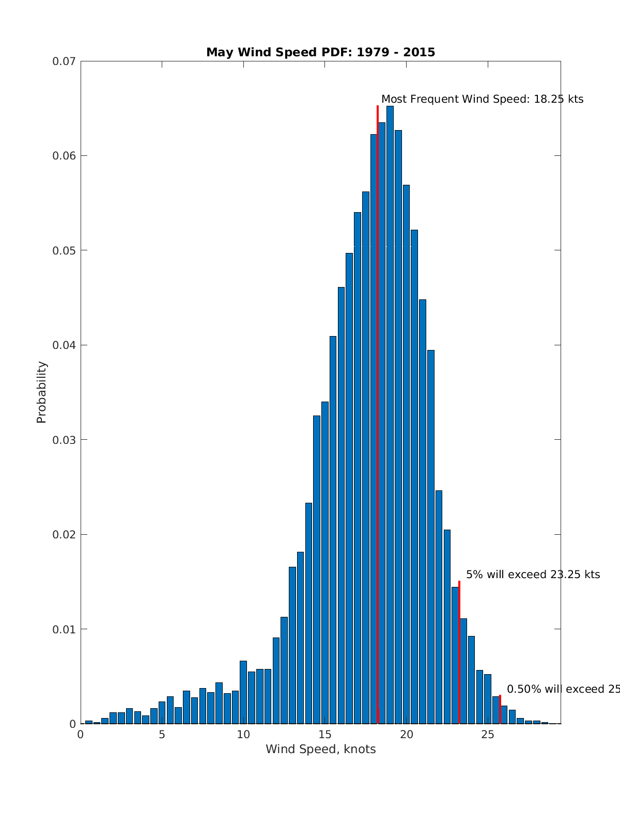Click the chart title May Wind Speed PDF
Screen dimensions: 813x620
click(320, 52)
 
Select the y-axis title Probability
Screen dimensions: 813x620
click(41, 392)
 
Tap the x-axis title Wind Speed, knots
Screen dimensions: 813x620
click(320, 749)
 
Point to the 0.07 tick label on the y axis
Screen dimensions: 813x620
click(64, 61)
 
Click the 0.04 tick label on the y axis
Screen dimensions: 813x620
click(64, 345)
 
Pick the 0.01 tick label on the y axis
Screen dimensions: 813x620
click(64, 629)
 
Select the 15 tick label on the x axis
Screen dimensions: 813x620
click(324, 735)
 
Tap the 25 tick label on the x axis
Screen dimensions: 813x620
click(488, 735)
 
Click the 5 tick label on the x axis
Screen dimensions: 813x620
click(162, 735)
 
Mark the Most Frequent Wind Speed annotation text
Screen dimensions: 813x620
click(482, 99)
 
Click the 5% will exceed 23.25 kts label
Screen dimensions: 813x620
click(533, 575)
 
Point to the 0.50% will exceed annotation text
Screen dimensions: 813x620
click(563, 689)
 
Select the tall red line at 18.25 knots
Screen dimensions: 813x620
click(378, 361)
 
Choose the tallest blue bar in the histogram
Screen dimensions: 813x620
click(390, 413)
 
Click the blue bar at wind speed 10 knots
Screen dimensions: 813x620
click(243, 692)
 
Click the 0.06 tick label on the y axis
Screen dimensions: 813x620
click(64, 156)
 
